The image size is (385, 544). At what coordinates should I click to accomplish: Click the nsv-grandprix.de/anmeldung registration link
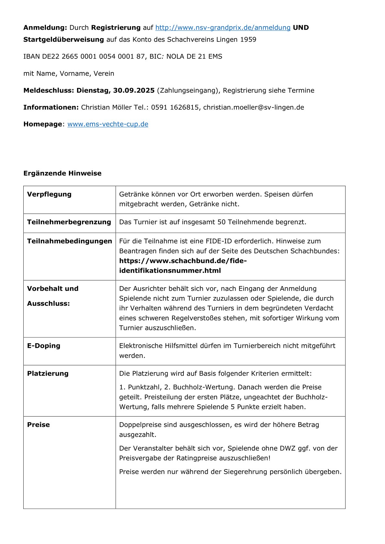tap(223, 27)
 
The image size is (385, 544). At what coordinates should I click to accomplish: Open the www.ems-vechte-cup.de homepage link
tap(108, 124)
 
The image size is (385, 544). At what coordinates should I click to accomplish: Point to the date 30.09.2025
tap(134, 91)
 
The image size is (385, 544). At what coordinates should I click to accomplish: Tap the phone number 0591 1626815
tap(175, 107)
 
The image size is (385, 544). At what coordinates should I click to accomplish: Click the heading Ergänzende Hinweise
tap(62, 173)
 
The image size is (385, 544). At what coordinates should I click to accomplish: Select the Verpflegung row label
tap(49, 194)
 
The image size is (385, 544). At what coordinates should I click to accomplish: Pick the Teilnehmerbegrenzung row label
tap(69, 222)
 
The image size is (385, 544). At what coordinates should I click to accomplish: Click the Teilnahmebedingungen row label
tap(70, 241)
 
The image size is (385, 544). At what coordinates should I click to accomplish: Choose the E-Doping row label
tap(44, 346)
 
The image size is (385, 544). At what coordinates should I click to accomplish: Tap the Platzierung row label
tap(48, 374)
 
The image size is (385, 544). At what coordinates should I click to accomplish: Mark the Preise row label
tap(38, 425)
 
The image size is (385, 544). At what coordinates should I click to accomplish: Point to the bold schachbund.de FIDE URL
tap(183, 266)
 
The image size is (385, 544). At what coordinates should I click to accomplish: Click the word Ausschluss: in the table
tap(49, 304)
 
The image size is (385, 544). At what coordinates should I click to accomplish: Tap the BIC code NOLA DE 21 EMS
tap(194, 57)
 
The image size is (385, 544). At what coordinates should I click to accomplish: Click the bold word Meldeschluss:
tap(49, 91)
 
